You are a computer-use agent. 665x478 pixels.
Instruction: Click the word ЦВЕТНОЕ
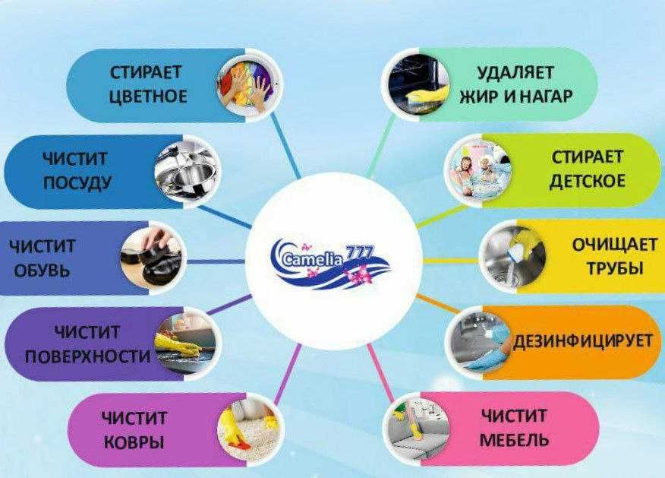coord(148,97)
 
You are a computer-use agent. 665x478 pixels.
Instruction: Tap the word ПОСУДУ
coord(77,182)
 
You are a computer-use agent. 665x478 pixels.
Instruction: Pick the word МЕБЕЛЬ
coord(513,440)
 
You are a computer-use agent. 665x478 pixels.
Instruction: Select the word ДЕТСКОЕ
coord(587,182)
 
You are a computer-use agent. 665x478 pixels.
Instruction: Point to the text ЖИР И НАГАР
coord(515,97)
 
